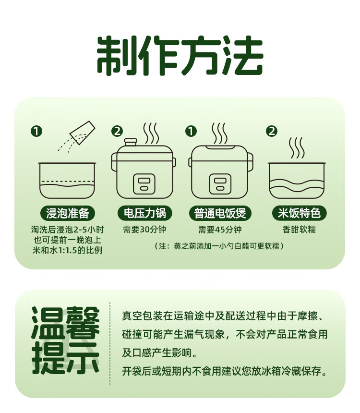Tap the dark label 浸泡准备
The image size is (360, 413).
[67, 213]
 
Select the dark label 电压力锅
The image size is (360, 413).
[144, 213]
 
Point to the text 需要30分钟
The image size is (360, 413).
[144, 230]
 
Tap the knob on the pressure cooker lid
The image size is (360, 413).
[131, 142]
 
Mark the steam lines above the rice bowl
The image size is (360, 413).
[296, 148]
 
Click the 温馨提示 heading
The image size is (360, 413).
[66, 341]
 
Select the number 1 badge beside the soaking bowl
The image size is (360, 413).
[36, 131]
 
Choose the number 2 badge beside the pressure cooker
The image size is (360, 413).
[117, 131]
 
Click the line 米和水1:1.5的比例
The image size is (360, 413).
[67, 251]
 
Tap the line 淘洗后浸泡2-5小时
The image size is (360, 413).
[67, 230]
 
